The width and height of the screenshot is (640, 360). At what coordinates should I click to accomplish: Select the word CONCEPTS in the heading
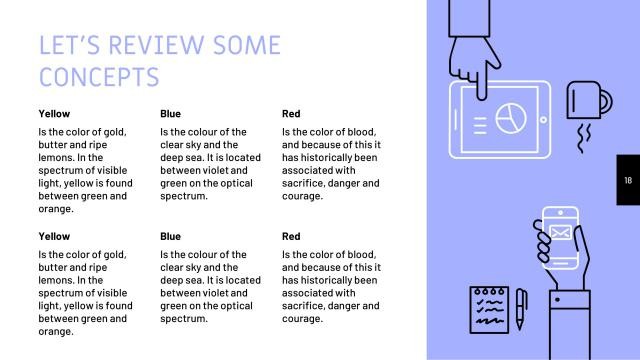98,77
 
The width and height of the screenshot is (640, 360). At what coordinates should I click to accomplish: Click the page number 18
628,180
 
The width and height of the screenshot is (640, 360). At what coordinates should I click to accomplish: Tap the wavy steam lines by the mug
589,132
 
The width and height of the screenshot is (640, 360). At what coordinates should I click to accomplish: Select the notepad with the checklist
490,309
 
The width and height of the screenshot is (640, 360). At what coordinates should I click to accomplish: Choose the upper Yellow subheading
54,114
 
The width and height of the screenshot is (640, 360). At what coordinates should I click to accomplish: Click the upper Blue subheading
171,114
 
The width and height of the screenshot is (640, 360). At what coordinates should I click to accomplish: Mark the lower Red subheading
291,237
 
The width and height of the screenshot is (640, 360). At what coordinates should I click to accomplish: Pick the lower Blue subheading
171,237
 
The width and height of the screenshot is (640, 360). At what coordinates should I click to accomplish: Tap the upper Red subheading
291,114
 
